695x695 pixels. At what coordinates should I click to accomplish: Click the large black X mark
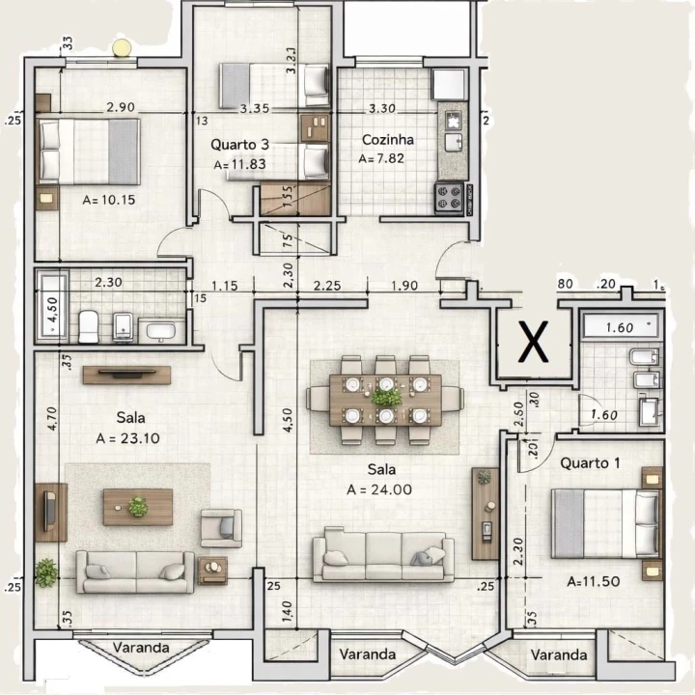[530, 342]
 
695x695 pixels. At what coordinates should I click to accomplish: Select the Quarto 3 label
[239, 145]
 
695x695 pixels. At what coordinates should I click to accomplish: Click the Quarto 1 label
[590, 462]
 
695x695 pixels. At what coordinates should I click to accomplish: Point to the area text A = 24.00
[379, 489]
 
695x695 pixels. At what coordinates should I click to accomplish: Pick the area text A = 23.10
[120, 437]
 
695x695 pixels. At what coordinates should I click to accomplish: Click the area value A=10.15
[111, 201]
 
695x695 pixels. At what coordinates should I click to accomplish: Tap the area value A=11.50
[594, 581]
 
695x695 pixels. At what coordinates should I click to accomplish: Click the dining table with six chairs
[384, 391]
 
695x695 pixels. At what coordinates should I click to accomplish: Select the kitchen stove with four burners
[450, 197]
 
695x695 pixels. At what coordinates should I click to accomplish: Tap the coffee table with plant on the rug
[138, 506]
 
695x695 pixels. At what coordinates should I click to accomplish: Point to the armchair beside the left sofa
[221, 528]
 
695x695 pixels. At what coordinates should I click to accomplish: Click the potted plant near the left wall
[46, 571]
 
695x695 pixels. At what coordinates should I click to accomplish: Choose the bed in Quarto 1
[604, 523]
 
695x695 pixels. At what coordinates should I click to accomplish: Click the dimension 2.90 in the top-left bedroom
[120, 107]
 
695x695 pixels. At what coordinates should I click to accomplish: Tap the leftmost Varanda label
[140, 647]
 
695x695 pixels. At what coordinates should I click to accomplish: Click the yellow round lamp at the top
[121, 47]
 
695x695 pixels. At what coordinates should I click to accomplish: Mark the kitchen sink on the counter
[451, 142]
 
